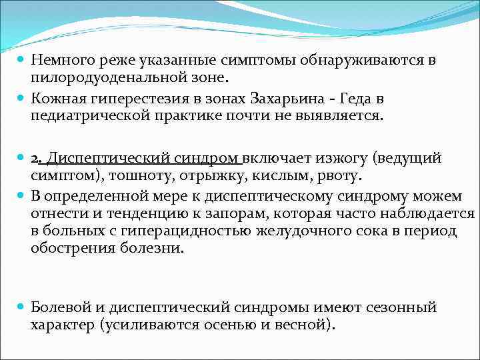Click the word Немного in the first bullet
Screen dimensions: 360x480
[x=61, y=61]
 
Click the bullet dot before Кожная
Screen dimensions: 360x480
[x=20, y=99]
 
